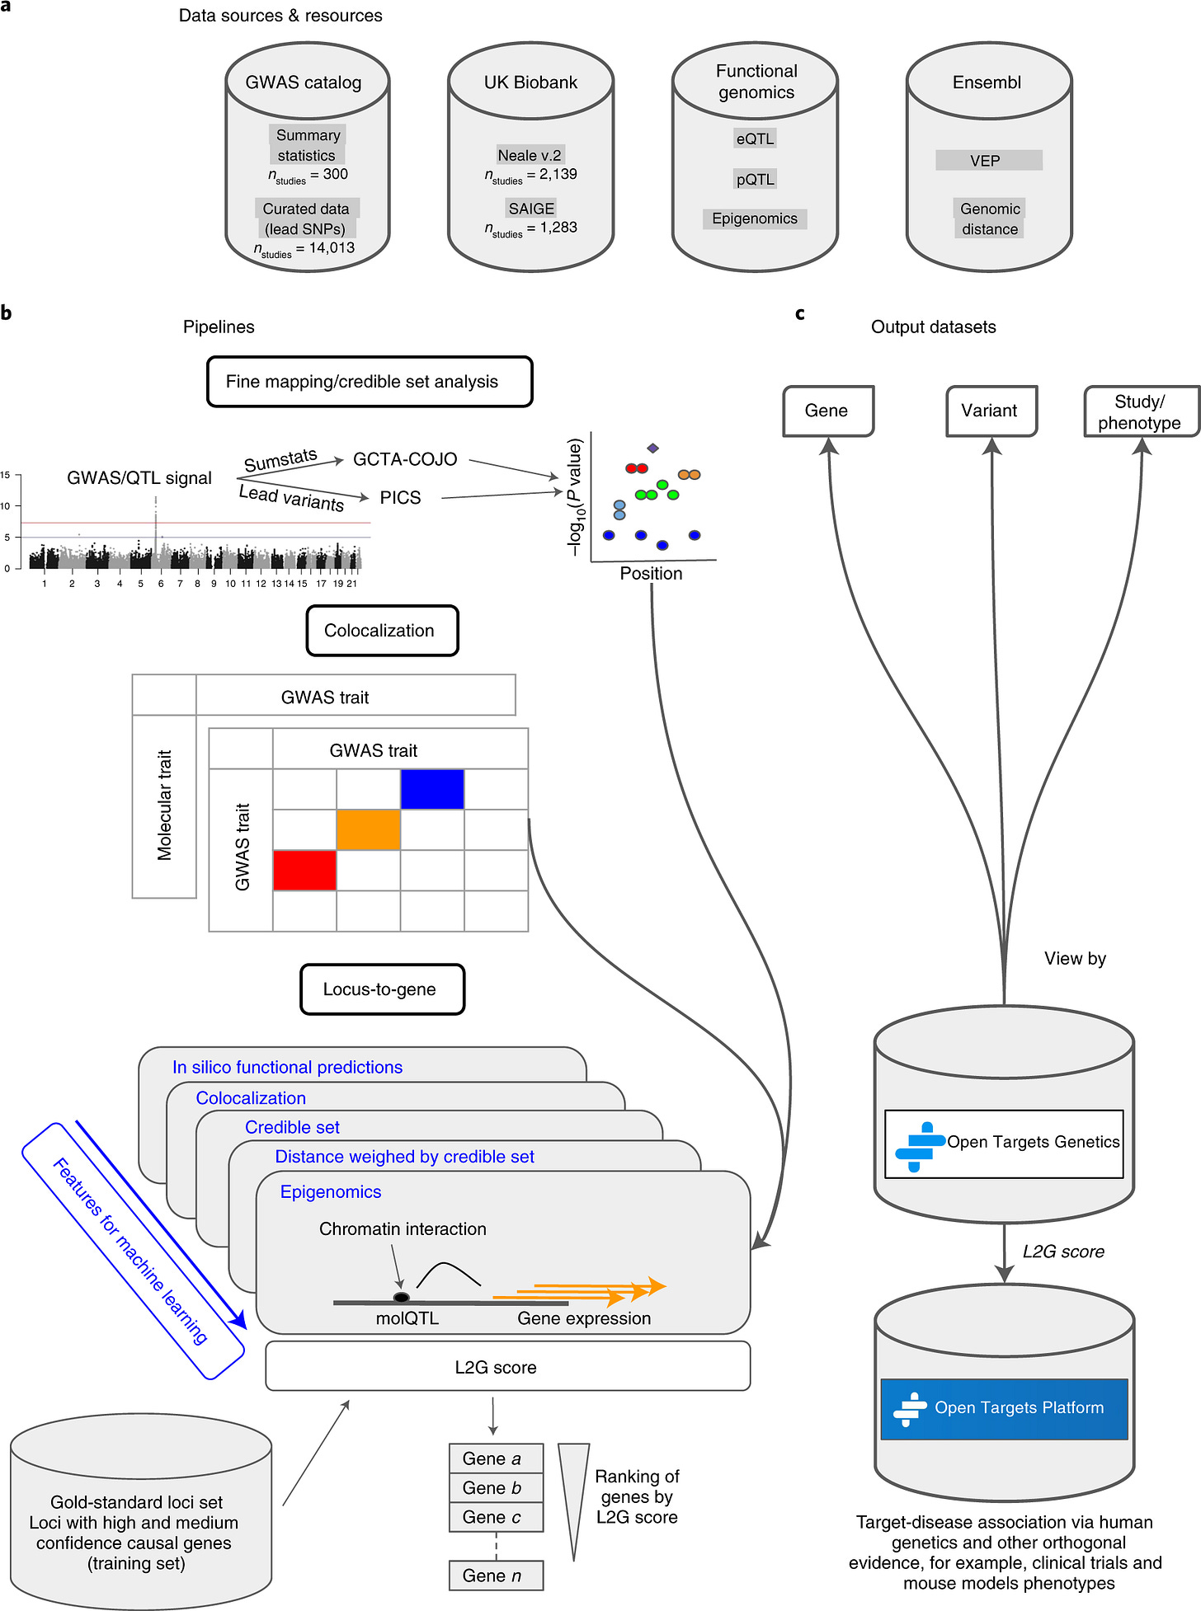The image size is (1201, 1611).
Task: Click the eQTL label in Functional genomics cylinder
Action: coord(755,139)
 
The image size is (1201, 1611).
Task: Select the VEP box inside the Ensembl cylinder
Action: coord(988,161)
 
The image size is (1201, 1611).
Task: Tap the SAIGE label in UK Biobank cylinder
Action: coord(531,209)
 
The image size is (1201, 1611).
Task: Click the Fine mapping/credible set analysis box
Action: coord(369,382)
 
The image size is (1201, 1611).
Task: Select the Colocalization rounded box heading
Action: coord(381,631)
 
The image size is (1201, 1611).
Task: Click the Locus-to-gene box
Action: coord(381,989)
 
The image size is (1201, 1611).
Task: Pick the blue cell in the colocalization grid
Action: coord(432,789)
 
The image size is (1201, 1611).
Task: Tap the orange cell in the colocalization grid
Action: coord(368,829)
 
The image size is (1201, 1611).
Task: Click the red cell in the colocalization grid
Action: coord(304,870)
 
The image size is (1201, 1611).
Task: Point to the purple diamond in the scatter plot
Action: coord(652,448)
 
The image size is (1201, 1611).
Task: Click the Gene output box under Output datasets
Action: coord(827,411)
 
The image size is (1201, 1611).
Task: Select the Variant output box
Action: coord(990,411)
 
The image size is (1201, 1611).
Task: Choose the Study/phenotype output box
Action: coord(1140,411)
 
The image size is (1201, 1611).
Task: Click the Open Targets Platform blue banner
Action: coord(1003,1408)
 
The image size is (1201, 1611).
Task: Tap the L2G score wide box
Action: coord(507,1367)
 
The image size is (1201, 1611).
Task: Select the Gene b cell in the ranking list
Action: coord(496,1487)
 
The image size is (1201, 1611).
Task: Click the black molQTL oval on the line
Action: coord(402,1297)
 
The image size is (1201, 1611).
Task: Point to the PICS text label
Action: coord(400,498)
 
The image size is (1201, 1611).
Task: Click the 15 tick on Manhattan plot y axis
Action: coord(6,475)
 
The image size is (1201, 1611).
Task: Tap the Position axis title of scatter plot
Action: coord(651,574)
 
